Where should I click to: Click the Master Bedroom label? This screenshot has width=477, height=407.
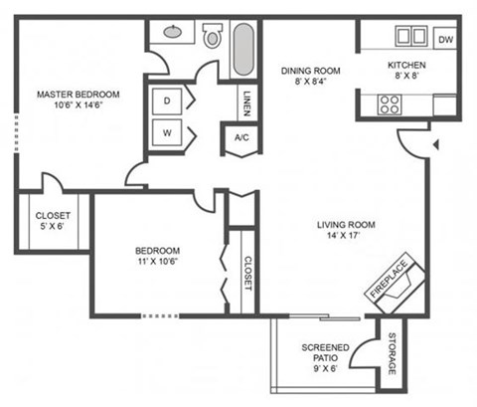[78, 95]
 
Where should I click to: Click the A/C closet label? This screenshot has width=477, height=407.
[240, 138]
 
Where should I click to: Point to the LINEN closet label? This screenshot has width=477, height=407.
[245, 102]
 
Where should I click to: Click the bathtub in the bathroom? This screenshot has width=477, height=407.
[244, 49]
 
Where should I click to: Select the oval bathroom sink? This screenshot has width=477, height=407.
[173, 32]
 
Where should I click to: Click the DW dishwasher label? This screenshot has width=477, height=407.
[445, 40]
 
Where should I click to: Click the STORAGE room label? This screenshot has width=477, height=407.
[392, 354]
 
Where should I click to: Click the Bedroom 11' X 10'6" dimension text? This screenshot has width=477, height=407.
[159, 262]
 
